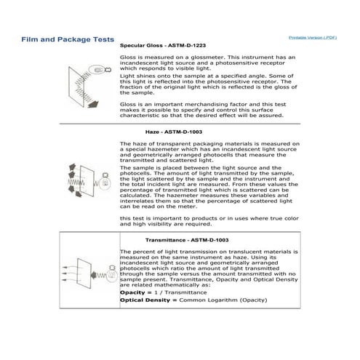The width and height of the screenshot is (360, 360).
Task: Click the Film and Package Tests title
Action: [x=68, y=39]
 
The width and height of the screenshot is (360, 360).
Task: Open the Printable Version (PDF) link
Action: [x=313, y=38]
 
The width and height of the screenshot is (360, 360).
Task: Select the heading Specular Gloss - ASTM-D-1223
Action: [x=163, y=46]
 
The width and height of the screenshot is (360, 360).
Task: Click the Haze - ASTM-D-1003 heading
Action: [x=174, y=132]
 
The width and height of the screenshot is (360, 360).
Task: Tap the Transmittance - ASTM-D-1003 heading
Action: [x=187, y=240]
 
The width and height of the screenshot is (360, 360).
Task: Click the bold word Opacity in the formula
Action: [x=132, y=292]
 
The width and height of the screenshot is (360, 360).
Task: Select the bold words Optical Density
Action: [x=145, y=300]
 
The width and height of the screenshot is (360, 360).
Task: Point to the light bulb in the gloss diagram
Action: [x=100, y=70]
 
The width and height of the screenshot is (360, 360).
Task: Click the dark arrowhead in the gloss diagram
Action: [x=93, y=104]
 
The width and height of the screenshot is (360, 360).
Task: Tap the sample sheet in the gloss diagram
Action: [x=76, y=87]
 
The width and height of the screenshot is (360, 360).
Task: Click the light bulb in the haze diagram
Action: [x=105, y=181]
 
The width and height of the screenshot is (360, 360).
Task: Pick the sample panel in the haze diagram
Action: [x=87, y=181]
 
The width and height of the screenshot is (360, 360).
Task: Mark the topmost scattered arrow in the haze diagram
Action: [x=72, y=167]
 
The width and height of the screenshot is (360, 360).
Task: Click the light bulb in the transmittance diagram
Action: [x=112, y=273]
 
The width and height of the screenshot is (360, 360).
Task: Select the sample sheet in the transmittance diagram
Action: [x=84, y=273]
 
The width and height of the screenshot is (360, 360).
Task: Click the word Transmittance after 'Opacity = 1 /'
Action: [x=185, y=292]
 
